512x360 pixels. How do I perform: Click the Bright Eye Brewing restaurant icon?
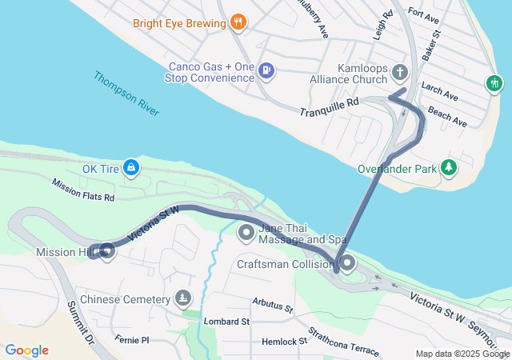pyautogui.click(x=237, y=23)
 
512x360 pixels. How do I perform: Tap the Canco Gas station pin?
pyautogui.click(x=266, y=71)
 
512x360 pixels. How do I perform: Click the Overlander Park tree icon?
pyautogui.click(x=450, y=167)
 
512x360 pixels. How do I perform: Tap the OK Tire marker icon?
pyautogui.click(x=132, y=168)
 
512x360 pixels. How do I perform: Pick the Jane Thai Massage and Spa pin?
pyautogui.click(x=246, y=233)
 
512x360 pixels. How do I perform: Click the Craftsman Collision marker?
pyautogui.click(x=347, y=263)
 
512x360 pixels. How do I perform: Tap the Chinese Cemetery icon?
pyautogui.click(x=184, y=299)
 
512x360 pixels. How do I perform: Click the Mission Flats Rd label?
pyautogui.click(x=83, y=190)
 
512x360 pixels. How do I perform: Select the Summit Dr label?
pyautogui.click(x=81, y=322)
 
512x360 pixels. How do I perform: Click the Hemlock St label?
pyautogui.click(x=285, y=342)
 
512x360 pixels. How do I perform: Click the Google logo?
pyautogui.click(x=26, y=350)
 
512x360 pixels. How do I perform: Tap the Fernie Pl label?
pyautogui.click(x=132, y=340)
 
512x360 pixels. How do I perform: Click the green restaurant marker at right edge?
pyautogui.click(x=495, y=83)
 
